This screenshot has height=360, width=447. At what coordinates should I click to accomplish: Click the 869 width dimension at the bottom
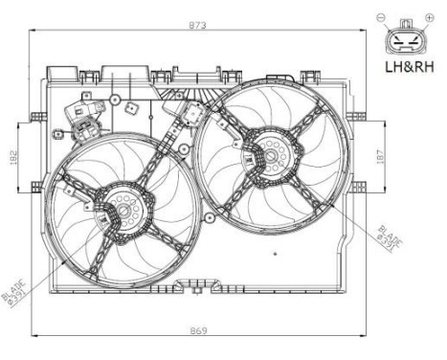(x=197, y=330)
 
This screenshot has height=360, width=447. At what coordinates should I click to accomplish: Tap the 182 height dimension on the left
(x=12, y=158)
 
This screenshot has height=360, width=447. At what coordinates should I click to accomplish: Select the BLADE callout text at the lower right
(x=389, y=236)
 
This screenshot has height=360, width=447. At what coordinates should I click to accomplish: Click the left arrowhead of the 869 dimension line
(x=35, y=336)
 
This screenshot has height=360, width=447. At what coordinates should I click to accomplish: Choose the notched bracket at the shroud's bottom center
(x=200, y=284)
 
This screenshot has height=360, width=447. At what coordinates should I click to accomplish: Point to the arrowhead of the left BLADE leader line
(x=61, y=259)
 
